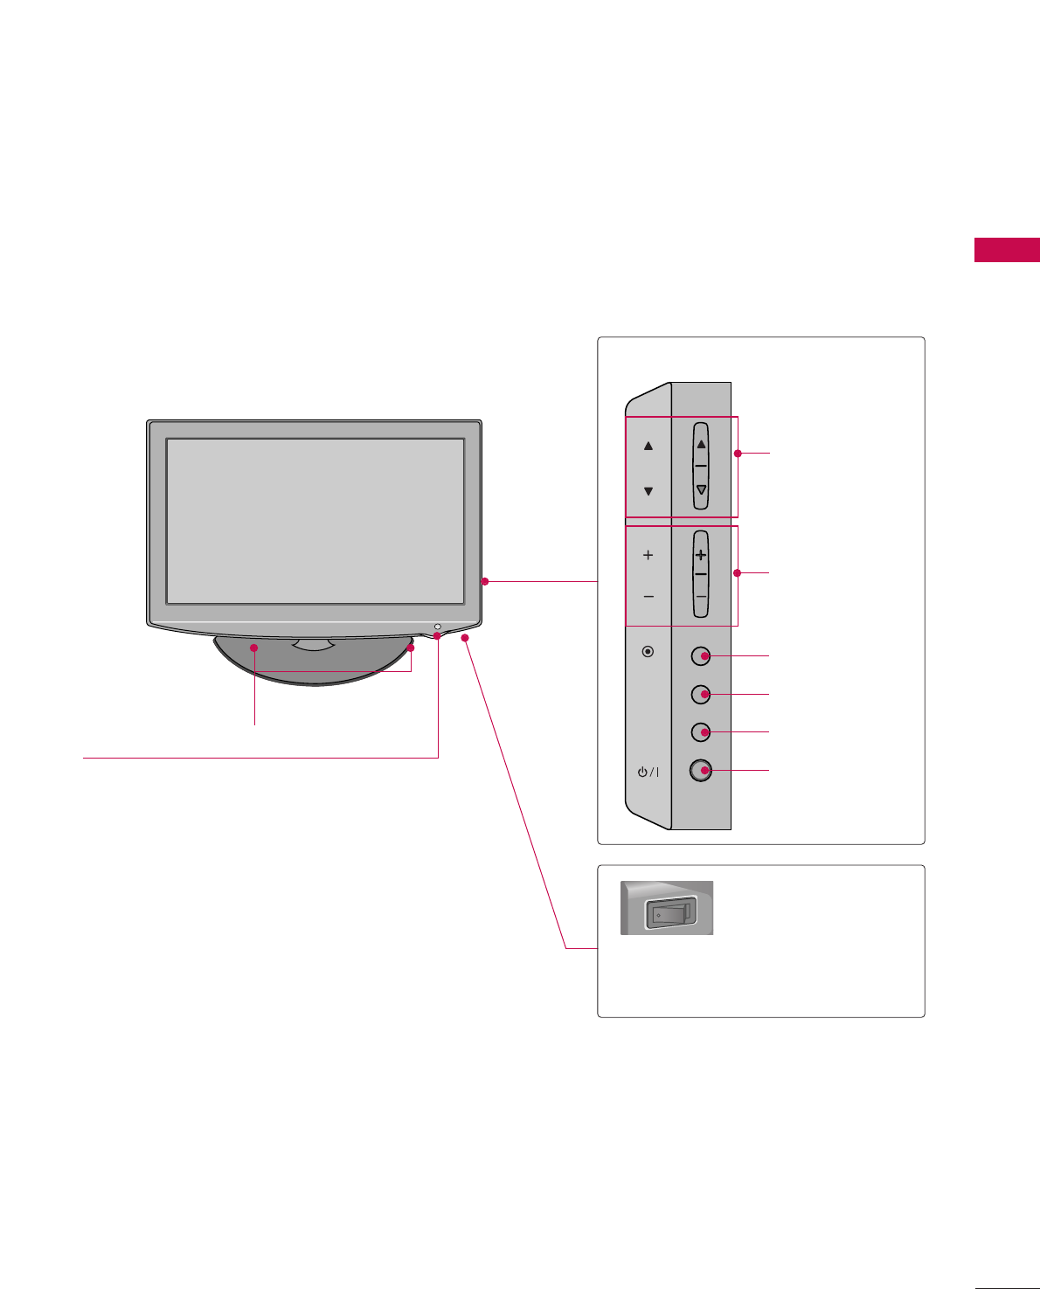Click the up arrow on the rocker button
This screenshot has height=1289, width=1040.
coord(701,445)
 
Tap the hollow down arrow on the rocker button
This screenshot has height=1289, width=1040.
coord(701,490)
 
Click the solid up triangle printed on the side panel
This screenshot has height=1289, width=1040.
coord(648,446)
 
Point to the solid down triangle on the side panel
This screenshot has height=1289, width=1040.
coord(648,491)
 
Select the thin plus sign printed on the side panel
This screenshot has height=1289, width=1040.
coord(648,555)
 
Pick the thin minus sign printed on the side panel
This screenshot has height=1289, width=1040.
coord(648,597)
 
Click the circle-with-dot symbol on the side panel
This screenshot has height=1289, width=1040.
coord(648,651)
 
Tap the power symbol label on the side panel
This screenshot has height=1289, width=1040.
coord(648,772)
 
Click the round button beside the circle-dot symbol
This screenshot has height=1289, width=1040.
coord(701,655)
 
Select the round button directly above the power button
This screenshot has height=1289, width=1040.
coord(701,731)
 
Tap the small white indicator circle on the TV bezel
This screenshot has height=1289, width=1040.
coord(437,627)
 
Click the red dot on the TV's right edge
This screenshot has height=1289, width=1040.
coord(484,581)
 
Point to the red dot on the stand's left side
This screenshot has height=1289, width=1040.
coord(254,648)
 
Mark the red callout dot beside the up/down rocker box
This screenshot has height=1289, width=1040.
coord(738,454)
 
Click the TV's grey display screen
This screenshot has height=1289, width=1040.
coord(315,521)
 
